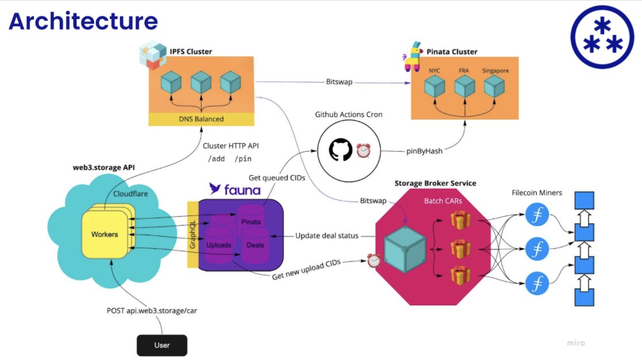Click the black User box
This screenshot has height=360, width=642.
[162, 345]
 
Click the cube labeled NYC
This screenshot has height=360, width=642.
[435, 87]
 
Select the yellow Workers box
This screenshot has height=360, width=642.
[105, 235]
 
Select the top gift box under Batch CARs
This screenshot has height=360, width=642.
[460, 219]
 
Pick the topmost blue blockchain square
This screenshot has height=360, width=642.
[584, 200]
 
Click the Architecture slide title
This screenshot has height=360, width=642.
[83, 21]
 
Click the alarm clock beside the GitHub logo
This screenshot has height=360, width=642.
[363, 151]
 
